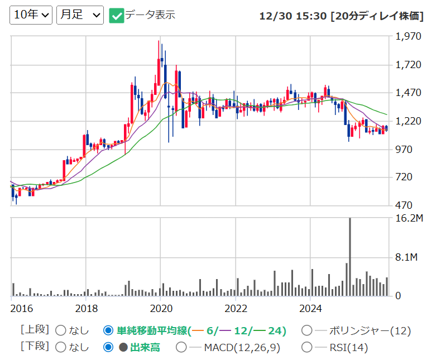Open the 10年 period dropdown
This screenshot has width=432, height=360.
(x=31, y=15)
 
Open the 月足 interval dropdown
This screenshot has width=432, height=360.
(x=80, y=15)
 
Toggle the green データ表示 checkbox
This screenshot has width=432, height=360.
(x=116, y=16)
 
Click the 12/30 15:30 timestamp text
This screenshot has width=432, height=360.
(x=293, y=16)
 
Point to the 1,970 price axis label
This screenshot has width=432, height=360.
(x=408, y=36)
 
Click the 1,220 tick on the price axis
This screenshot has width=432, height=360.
(x=408, y=121)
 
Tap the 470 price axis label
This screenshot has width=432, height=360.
(x=404, y=205)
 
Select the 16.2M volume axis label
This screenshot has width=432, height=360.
(x=409, y=218)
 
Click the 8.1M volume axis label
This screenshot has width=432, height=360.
(x=406, y=257)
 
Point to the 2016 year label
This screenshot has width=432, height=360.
(x=22, y=309)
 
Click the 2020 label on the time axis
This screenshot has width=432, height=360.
(x=161, y=309)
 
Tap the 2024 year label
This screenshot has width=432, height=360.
(x=310, y=309)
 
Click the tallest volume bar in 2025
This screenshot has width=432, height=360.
(x=350, y=257)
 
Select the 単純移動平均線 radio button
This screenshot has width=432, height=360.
(x=108, y=330)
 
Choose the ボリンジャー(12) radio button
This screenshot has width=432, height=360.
(x=306, y=330)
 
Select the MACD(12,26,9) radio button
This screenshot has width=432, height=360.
(x=181, y=347)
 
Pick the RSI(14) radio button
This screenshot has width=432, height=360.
(x=306, y=347)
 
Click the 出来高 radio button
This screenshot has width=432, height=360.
(x=108, y=347)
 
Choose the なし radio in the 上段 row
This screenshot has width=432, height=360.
(x=61, y=330)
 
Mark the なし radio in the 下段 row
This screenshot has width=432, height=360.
(x=61, y=347)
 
